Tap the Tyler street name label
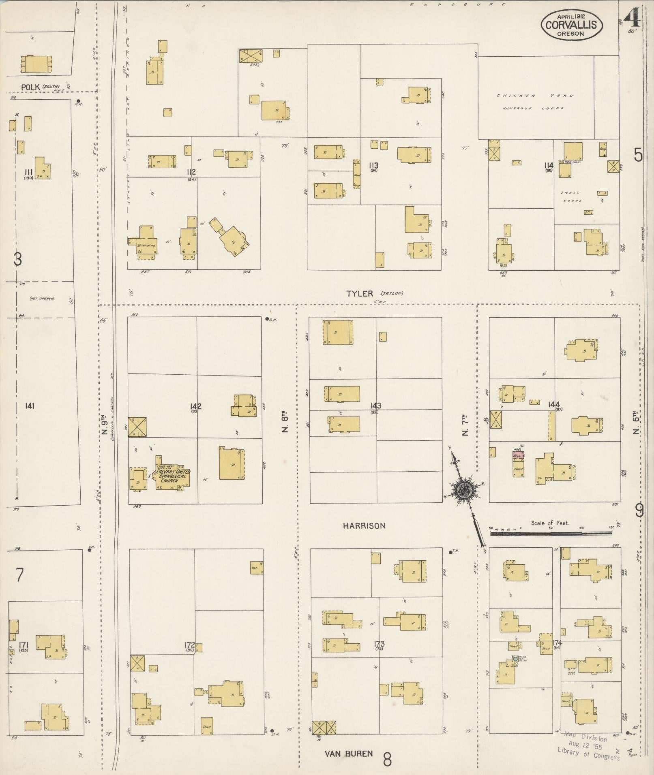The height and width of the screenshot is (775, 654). [x=360, y=294]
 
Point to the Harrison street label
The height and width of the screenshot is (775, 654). [x=364, y=526]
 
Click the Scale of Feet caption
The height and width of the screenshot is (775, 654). [x=550, y=523]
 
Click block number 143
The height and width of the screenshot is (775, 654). [x=375, y=406]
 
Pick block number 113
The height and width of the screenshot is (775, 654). [x=373, y=166]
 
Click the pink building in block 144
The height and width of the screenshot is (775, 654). [x=518, y=455]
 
